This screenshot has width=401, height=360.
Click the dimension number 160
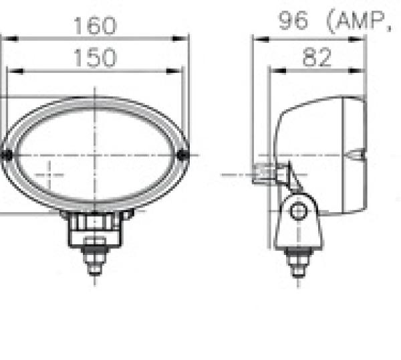[x=94, y=26]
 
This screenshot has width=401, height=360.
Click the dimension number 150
[x=94, y=59]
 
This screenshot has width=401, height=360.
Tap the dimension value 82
[x=317, y=58]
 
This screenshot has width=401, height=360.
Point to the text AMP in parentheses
[x=358, y=22]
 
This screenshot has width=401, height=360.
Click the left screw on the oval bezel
[x=6, y=155]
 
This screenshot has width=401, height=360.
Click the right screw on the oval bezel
[x=184, y=155]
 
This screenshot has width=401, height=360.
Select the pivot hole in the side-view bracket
[x=299, y=211]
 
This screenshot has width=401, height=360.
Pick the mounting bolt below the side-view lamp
[x=297, y=261]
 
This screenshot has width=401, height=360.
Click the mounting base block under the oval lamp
[x=94, y=228]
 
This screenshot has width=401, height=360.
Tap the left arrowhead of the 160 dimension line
[x=5, y=39]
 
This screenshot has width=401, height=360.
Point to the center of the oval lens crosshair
[x=95, y=155]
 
